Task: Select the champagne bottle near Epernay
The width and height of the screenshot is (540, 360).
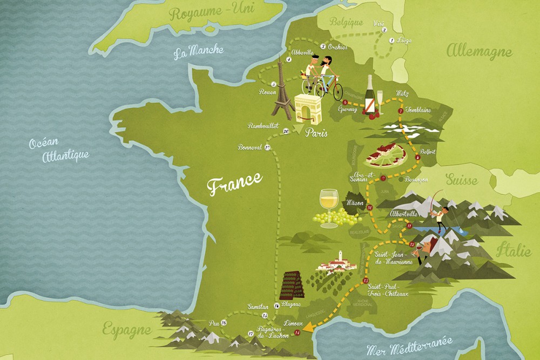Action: point(370,96)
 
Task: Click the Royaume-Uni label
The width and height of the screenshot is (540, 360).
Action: point(203,11)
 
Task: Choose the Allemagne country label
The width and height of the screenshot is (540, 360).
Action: point(478,52)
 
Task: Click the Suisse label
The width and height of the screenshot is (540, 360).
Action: point(462,180)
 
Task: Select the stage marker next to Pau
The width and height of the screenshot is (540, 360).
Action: point(224,323)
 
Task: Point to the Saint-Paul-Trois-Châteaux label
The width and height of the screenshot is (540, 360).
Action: point(389,288)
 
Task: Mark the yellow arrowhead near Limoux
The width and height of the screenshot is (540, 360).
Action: point(308,326)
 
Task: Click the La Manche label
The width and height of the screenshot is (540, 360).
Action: point(198,52)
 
